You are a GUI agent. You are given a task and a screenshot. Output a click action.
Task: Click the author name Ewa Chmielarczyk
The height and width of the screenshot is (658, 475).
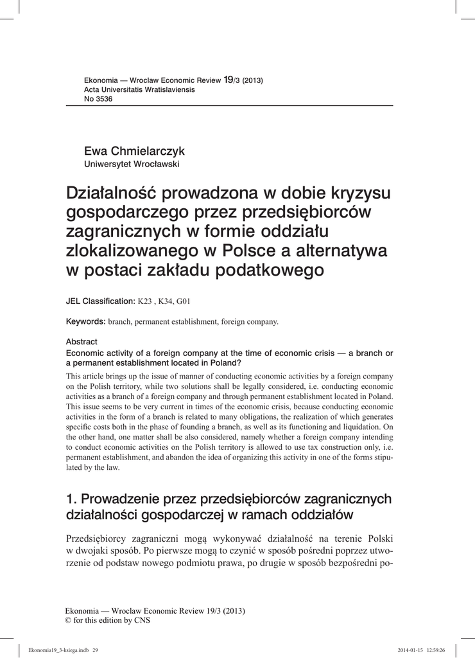coord(134,151)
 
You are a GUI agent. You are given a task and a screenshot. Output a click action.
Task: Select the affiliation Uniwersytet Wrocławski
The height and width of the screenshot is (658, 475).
coord(132,164)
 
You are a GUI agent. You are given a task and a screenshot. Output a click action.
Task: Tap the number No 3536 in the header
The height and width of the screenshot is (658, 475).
coord(98,99)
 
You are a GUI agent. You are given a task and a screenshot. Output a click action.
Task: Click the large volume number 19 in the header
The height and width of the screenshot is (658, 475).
coord(228,79)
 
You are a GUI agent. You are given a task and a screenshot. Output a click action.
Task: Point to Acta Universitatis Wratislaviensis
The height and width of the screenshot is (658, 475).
coord(139,89)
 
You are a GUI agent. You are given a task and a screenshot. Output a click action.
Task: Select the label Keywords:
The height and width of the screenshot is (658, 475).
coord(86,321)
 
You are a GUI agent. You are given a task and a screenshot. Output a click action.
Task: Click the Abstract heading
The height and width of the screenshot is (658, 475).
coord(82,342)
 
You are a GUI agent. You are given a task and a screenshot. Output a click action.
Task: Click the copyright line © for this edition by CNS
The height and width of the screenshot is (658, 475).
coord(107,620)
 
